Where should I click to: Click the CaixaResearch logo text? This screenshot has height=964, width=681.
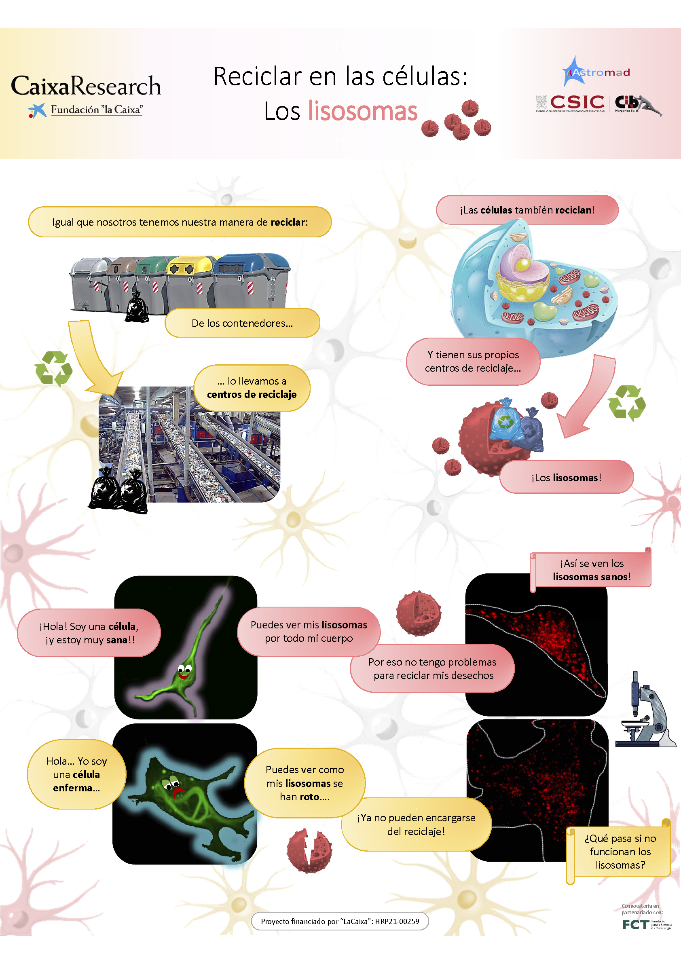(86, 86)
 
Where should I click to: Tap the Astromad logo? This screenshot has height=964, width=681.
(596, 72)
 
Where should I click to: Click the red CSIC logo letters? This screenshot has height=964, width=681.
(577, 102)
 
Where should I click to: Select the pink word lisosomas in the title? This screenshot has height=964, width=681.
(363, 111)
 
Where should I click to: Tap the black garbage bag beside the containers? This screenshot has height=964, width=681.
(137, 307)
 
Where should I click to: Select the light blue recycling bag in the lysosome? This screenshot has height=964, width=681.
(506, 420)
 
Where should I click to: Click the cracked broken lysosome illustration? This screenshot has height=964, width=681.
(309, 850)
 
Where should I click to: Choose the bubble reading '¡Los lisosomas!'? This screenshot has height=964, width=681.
(567, 477)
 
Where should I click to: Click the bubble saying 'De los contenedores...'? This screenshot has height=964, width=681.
(242, 323)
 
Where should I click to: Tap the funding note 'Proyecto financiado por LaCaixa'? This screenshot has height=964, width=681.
(340, 921)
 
